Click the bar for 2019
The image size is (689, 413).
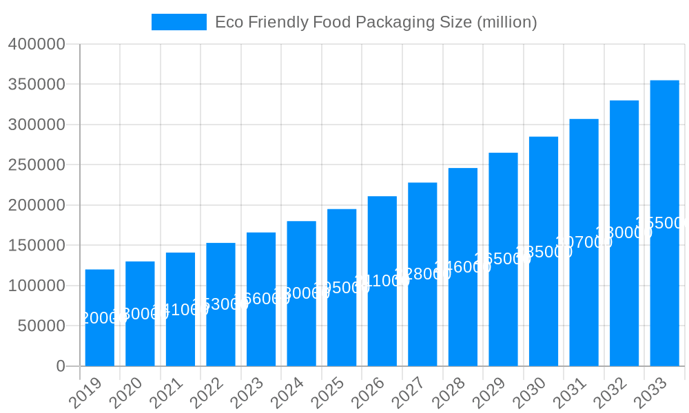(x=100, y=317)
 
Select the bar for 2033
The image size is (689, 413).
(x=664, y=223)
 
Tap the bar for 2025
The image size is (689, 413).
(x=342, y=287)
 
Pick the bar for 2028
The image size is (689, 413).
(x=463, y=267)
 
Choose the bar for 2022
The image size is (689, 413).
(x=220, y=304)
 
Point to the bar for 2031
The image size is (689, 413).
(x=584, y=242)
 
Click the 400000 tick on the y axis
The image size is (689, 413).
(x=37, y=45)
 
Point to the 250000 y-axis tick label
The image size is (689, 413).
(x=37, y=165)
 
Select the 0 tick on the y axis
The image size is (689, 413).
(x=61, y=366)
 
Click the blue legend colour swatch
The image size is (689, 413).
(x=179, y=22)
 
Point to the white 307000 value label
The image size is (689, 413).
(x=584, y=242)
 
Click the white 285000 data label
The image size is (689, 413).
(x=544, y=252)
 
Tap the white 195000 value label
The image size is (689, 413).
(x=342, y=288)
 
